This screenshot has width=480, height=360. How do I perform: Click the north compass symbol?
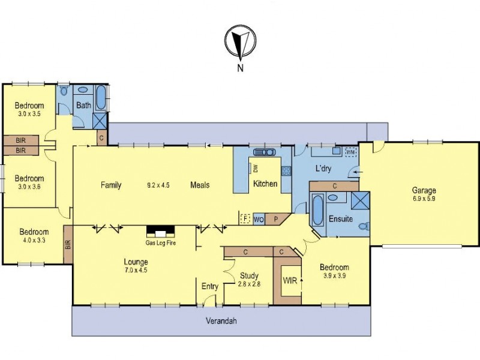click(240, 43)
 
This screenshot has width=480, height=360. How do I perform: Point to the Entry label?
click(209, 286)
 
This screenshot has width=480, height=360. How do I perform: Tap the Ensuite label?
click(340, 219)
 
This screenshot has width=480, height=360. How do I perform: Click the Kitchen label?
click(265, 184)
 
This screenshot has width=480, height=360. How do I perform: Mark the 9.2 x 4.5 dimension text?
click(158, 185)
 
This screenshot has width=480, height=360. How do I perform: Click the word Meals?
click(200, 185)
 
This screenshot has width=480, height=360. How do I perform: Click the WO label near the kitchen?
click(259, 219)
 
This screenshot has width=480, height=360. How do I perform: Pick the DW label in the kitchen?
click(254, 167)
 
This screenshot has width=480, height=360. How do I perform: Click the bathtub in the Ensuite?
click(317, 211)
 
